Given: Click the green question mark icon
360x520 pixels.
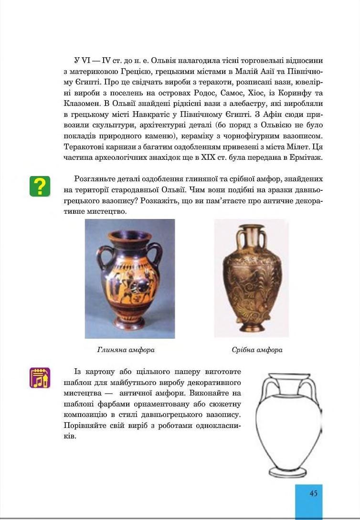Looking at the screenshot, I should point(40,187).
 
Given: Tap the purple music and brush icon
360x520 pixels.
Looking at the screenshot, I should point(40,377).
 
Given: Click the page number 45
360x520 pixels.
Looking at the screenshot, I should point(313,493).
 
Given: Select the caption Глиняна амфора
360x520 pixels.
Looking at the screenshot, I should point(126,350).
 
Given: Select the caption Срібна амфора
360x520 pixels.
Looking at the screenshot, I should point(257,350).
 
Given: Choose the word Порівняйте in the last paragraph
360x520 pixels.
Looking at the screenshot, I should point(84,426).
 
